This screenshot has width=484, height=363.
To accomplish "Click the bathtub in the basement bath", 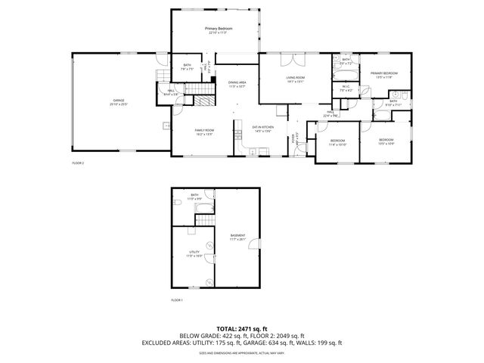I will pyautogui.click(x=204, y=207).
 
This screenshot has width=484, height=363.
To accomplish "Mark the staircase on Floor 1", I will pyautogui.click(x=205, y=219).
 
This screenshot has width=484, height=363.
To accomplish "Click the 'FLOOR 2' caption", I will pyautogui.click(x=78, y=163).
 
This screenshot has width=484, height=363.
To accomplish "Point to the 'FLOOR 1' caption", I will pyautogui.click(x=177, y=300).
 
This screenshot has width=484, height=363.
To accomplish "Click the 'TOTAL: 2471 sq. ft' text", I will pyautogui.click(x=242, y=328).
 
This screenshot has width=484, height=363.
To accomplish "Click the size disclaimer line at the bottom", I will pyautogui.click(x=242, y=352).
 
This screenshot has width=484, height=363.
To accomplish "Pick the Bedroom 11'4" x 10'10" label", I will pyautogui.click(x=338, y=141).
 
